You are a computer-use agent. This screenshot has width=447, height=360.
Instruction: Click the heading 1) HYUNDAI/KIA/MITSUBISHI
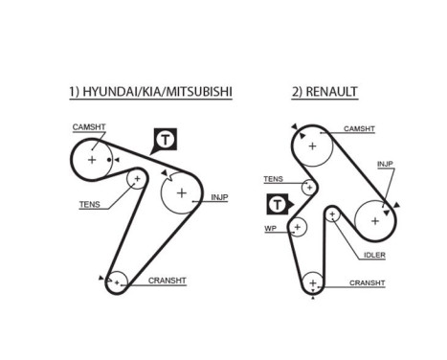[150, 92]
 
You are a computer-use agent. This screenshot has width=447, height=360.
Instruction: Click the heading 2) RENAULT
[324, 92]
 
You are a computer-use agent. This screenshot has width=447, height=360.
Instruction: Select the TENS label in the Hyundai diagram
[89, 204]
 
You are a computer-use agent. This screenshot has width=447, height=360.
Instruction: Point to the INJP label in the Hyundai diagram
[219, 198]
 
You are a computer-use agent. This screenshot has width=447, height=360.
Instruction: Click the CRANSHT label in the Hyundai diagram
[167, 281]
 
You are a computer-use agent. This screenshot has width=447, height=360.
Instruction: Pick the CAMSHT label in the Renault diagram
[359, 128]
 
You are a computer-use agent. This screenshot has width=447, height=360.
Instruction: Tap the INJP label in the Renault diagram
[385, 163]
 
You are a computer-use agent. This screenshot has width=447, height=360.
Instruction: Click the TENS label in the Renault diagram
[273, 179]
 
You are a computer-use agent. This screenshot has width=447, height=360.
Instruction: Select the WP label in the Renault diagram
[269, 229]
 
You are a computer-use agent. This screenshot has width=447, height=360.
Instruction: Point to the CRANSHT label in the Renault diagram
[367, 282]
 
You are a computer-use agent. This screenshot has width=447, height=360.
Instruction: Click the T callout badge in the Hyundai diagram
[166, 141]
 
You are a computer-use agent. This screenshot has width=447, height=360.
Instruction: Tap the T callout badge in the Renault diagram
[278, 204]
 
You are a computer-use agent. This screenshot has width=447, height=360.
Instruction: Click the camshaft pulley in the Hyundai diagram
[93, 160]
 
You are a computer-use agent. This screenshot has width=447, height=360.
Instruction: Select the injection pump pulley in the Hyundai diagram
[180, 192]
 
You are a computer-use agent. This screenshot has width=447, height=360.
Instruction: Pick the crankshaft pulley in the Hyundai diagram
[117, 281]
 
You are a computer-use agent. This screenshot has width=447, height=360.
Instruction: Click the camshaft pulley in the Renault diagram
[311, 146]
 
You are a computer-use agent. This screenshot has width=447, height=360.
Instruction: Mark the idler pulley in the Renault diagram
[333, 214]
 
